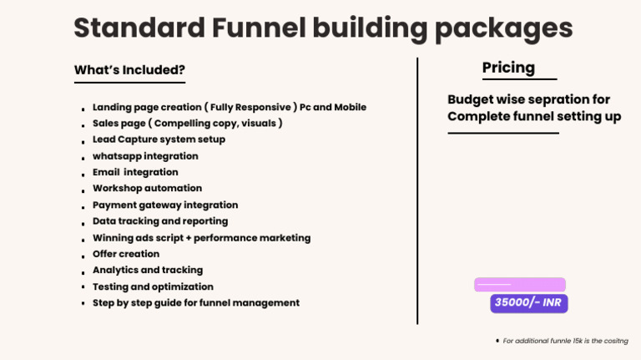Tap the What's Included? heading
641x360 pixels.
pos(129,70)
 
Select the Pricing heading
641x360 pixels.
pos(508,68)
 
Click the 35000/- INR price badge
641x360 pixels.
pos(528,302)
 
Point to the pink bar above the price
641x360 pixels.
pos(519,285)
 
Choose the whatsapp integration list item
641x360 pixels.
pos(145,156)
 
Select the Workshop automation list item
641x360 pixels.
pos(147,189)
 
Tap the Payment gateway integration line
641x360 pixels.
pos(165,205)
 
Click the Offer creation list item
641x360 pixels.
pos(126,254)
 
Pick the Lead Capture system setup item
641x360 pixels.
pos(159,139)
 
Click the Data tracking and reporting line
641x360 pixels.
pos(160,221)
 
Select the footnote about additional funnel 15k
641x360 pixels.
pos(565,341)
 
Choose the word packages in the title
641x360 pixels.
pos(507,28)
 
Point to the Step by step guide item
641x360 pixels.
pos(195,303)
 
